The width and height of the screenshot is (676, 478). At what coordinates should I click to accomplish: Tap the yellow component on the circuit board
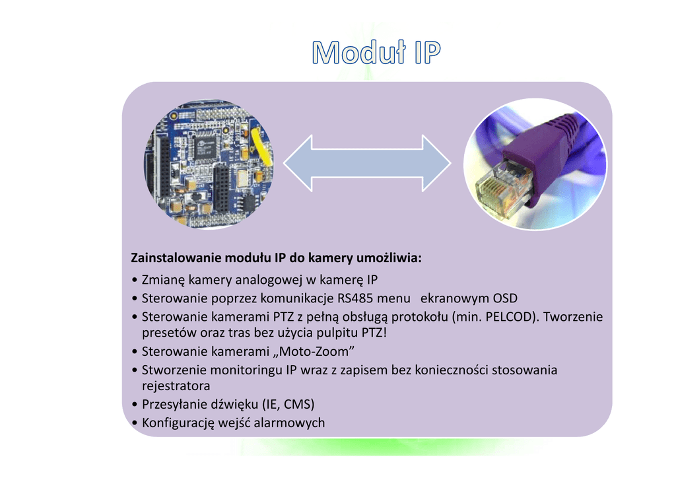(x=261, y=146)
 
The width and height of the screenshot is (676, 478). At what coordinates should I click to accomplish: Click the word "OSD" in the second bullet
(x=505, y=298)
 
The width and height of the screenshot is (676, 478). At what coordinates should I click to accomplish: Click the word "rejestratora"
(x=176, y=385)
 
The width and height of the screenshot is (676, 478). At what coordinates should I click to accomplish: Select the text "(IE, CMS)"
(x=289, y=403)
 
